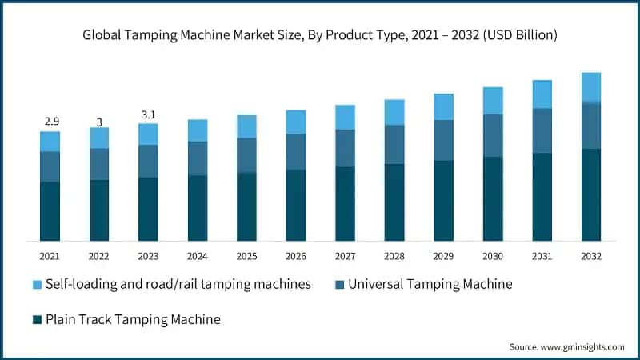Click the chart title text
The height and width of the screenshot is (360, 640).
click(320, 35)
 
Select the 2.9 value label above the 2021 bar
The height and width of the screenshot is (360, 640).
click(50, 121)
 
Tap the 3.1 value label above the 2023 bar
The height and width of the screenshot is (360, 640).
click(148, 114)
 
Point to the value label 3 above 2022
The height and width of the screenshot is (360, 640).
click(99, 121)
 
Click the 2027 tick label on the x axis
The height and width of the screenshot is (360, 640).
click(345, 256)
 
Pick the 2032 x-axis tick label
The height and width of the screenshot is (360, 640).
click(590, 256)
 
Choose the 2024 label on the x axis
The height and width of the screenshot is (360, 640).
click(198, 256)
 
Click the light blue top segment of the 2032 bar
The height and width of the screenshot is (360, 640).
click(590, 87)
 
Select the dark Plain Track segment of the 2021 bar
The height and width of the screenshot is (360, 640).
click(50, 211)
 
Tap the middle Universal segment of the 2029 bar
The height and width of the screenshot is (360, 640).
click(443, 140)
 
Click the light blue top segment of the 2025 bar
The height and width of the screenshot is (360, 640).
click(246, 126)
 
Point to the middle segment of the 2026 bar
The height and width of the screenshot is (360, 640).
click(296, 151)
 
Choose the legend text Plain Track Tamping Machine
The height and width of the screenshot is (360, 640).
click(133, 319)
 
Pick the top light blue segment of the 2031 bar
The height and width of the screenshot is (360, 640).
click(542, 94)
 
